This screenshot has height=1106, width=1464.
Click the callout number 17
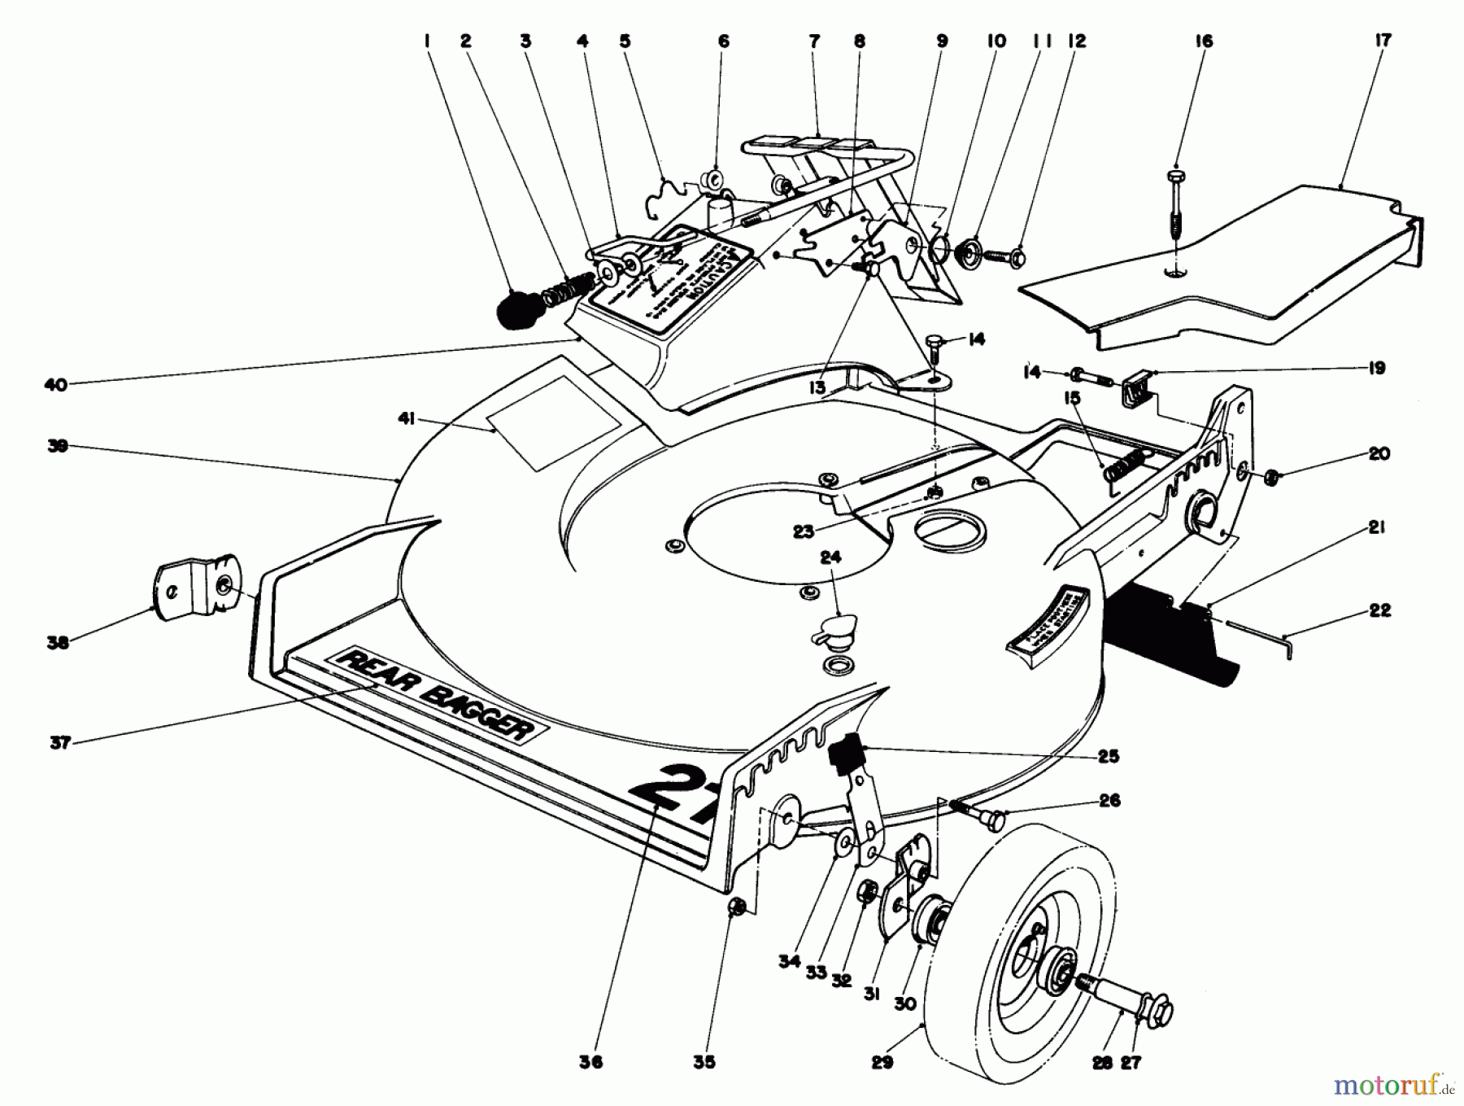tap(1382, 40)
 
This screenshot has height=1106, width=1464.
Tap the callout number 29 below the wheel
tap(882, 1062)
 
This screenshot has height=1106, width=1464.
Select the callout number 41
tap(406, 419)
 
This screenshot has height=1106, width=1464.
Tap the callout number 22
tap(1379, 610)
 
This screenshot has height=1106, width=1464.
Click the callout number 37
tap(60, 742)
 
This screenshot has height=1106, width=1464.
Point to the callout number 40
tap(56, 384)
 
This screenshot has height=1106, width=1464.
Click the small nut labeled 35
tap(735, 906)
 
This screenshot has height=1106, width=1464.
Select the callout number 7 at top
tap(814, 41)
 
